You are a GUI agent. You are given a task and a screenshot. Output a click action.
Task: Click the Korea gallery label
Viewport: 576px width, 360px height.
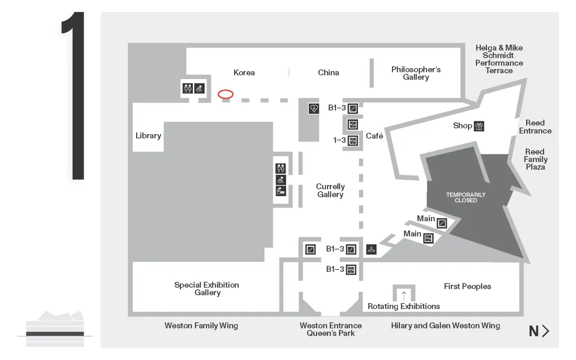(x=244, y=73)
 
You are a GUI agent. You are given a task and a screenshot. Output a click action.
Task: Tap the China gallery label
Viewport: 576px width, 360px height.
(x=328, y=73)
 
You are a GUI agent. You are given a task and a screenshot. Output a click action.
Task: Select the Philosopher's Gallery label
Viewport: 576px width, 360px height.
(x=416, y=73)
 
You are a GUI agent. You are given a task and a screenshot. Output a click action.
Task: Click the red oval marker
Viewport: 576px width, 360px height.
(x=226, y=94)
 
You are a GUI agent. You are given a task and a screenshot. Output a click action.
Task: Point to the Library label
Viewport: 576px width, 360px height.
(x=148, y=136)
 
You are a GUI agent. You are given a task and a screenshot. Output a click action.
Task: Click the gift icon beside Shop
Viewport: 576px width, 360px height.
(x=479, y=126)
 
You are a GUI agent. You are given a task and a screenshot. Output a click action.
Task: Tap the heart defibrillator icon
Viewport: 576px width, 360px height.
(x=314, y=109)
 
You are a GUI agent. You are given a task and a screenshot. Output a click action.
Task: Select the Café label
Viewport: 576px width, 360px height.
(x=375, y=136)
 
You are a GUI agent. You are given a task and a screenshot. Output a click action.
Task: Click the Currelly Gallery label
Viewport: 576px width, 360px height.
(x=330, y=190)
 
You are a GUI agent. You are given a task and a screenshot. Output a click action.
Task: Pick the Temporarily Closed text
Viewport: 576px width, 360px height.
(x=466, y=198)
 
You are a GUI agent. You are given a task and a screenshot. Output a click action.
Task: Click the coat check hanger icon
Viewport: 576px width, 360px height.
(x=371, y=249)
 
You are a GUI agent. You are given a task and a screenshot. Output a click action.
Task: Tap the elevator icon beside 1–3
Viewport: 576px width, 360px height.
(x=353, y=140)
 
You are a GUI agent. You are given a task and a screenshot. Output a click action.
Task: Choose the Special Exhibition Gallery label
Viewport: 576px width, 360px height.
(x=207, y=289)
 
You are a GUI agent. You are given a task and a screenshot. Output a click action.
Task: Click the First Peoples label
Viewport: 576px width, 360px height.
(x=467, y=286)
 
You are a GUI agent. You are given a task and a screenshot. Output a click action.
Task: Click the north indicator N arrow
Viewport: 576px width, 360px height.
(x=539, y=331)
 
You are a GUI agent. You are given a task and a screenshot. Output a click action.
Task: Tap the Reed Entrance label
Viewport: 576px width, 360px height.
(x=535, y=127)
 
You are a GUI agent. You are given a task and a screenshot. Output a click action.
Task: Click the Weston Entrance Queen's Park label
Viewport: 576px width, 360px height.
(x=330, y=330)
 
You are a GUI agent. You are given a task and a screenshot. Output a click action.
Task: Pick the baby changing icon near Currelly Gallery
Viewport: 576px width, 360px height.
(x=281, y=191)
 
